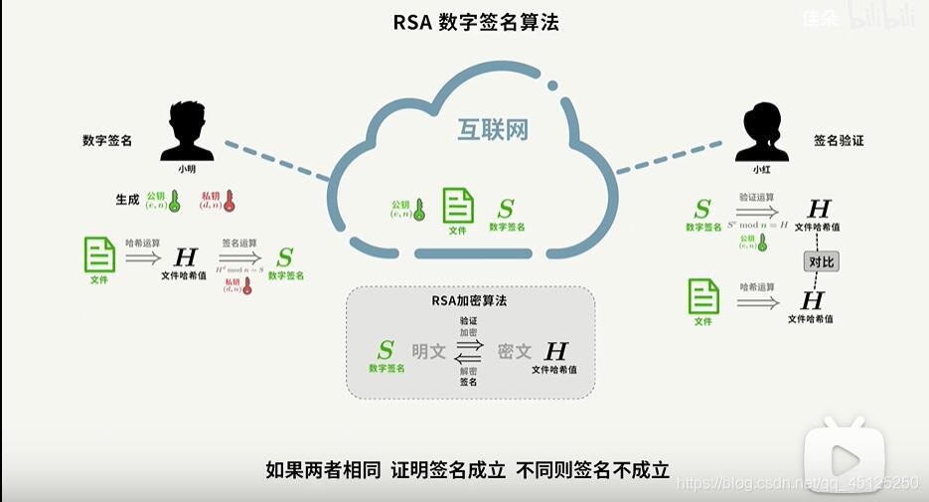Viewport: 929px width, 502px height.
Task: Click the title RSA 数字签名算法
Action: click(476, 22)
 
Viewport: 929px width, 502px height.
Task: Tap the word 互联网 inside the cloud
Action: click(492, 130)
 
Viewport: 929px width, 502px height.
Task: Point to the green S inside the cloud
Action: click(507, 209)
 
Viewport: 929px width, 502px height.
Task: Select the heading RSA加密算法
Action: click(469, 299)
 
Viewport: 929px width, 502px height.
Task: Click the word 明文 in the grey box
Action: click(428, 351)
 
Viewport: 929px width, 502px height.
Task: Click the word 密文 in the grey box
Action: click(515, 351)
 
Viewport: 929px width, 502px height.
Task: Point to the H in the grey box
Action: click(555, 351)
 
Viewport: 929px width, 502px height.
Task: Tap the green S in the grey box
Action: click(386, 349)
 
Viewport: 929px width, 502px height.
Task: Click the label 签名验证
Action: click(839, 141)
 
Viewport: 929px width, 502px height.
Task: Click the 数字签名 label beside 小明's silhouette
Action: click(107, 141)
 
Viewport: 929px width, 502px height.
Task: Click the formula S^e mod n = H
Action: click(759, 225)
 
